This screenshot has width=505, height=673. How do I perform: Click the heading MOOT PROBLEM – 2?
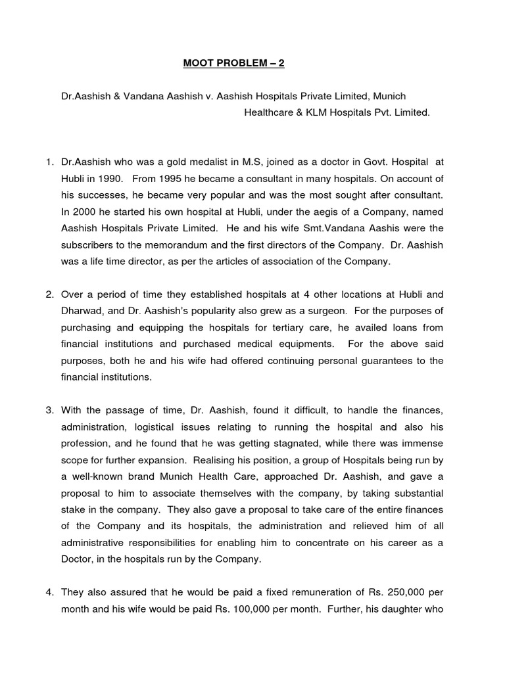point(233,64)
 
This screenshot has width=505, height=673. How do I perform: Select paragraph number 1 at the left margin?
point(49,162)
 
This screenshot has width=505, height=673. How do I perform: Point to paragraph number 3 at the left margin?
point(49,410)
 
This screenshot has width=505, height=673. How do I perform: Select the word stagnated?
point(279,443)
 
